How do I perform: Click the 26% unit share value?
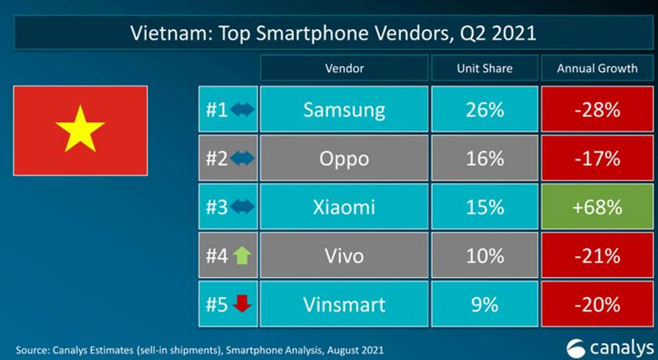click(x=484, y=110)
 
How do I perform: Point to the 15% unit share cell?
click(x=484, y=207)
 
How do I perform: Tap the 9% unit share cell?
click(x=484, y=303)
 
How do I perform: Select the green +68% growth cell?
click(x=597, y=207)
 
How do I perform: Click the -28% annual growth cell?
click(x=597, y=110)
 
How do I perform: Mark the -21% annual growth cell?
click(x=597, y=255)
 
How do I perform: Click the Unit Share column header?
click(x=484, y=68)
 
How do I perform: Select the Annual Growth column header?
click(x=597, y=68)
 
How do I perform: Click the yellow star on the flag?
click(x=80, y=130)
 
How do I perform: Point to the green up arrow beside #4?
click(x=241, y=255)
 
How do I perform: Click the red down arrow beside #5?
click(x=242, y=304)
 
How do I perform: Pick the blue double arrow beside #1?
click(x=242, y=110)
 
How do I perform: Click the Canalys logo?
click(x=607, y=346)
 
